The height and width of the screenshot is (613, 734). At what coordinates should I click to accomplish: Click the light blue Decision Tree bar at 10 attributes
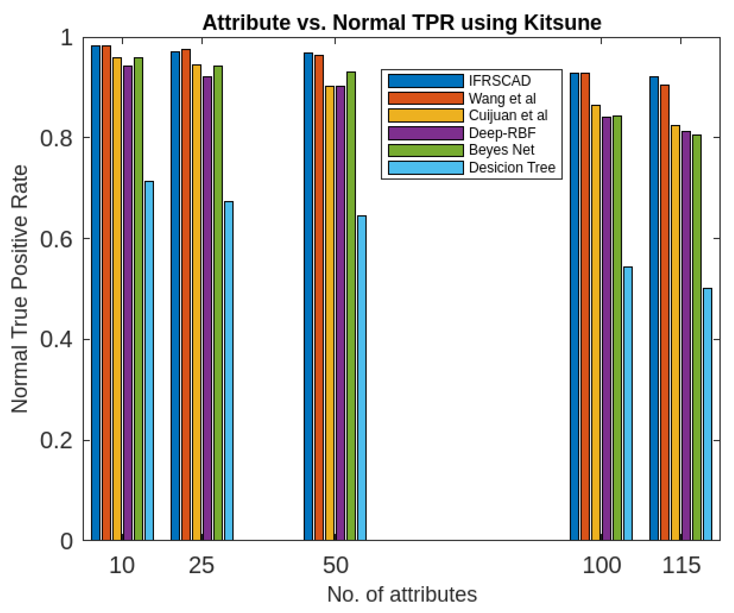(x=149, y=360)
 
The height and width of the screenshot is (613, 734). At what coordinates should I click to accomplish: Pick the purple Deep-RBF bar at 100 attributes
(x=606, y=329)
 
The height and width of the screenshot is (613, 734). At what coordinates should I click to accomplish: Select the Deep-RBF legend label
(x=502, y=133)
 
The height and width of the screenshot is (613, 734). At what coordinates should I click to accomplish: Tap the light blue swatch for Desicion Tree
(x=426, y=167)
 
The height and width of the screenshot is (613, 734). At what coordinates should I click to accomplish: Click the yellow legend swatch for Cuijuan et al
(x=426, y=115)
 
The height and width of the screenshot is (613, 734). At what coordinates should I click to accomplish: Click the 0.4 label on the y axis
(x=56, y=340)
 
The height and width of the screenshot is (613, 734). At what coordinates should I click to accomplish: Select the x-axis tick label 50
(x=335, y=566)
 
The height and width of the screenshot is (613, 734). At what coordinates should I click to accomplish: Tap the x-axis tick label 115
(x=681, y=566)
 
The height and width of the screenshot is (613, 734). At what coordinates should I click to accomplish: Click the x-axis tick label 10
(x=122, y=566)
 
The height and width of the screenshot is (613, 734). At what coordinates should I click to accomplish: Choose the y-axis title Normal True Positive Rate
(x=20, y=289)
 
